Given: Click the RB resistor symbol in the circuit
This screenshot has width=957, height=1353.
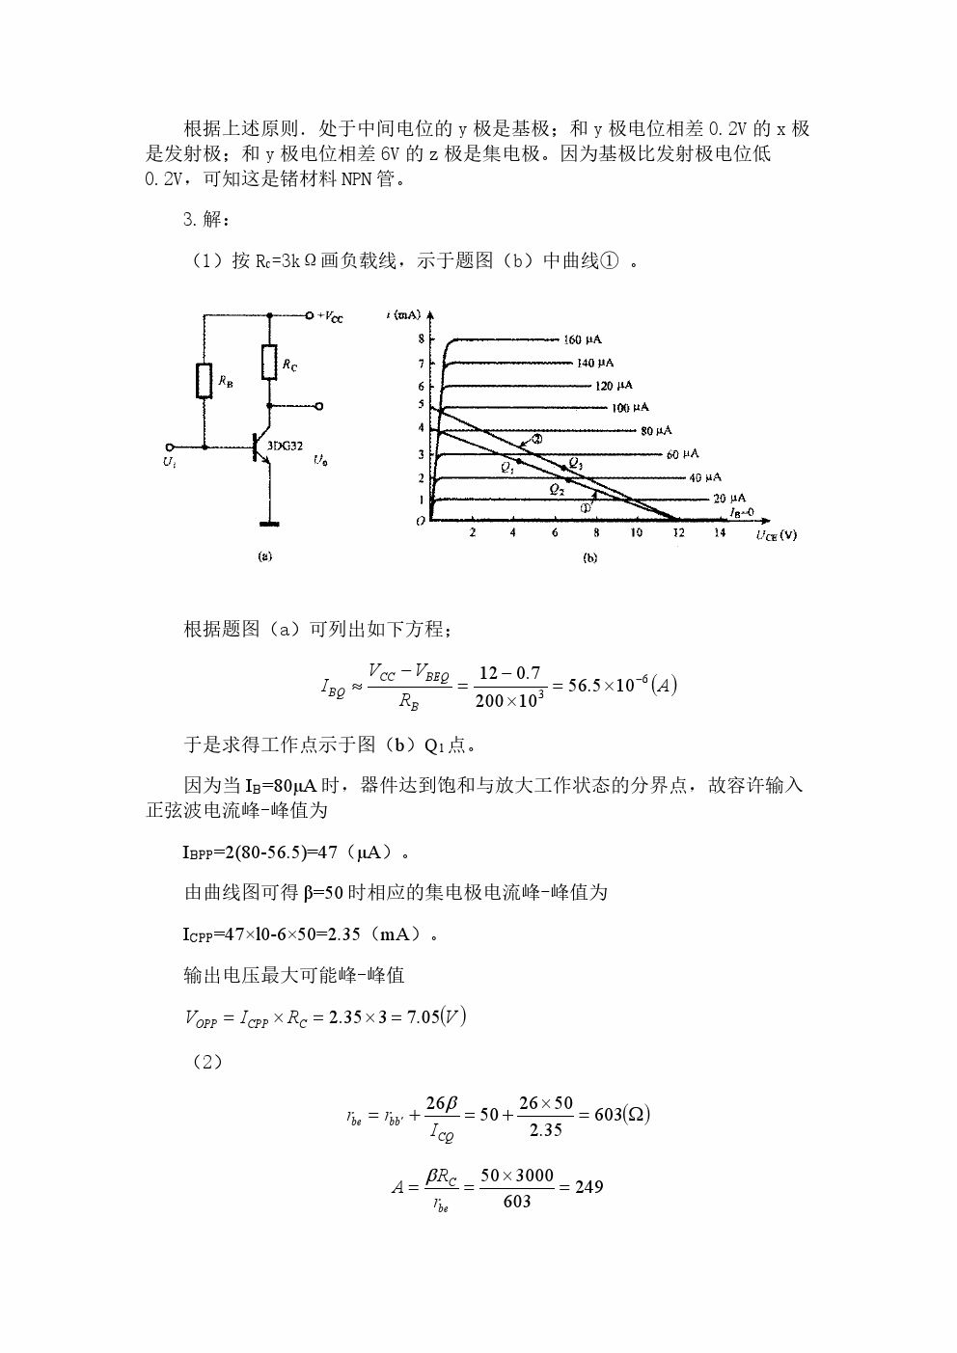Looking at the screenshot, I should [205, 381].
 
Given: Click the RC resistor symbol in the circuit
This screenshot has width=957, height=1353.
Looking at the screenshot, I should [270, 363].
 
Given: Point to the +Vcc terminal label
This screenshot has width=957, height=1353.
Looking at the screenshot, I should [330, 315].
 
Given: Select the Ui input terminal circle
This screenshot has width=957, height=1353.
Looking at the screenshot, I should [171, 447].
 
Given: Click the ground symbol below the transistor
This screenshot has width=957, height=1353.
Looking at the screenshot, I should [270, 524].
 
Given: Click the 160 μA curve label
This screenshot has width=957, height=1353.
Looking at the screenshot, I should [583, 339].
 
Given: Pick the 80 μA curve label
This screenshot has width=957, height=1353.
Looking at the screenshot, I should [656, 430].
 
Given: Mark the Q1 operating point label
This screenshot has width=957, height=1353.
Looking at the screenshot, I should [507, 467].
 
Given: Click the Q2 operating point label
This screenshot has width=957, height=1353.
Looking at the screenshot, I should [557, 489].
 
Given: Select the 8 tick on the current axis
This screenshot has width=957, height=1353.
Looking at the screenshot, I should [421, 339].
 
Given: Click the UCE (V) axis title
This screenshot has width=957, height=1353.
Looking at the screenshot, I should [776, 535].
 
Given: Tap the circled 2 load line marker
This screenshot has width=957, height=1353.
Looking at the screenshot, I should [537, 440].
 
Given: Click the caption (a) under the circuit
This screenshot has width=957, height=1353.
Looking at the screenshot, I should [265, 556].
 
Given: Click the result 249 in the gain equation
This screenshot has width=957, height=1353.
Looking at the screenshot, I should [588, 1187].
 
